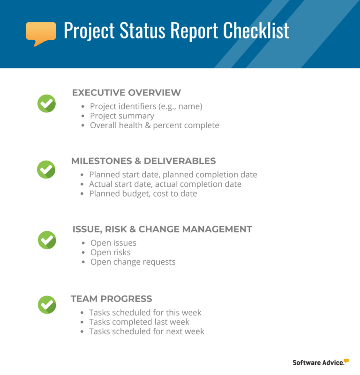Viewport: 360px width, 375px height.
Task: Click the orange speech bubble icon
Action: (41, 32)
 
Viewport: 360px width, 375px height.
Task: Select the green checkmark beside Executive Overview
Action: (46, 103)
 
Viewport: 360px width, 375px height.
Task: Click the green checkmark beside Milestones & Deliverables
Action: (46, 169)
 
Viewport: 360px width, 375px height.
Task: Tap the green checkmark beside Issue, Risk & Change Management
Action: (47, 240)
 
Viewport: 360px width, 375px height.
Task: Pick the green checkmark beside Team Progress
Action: (47, 304)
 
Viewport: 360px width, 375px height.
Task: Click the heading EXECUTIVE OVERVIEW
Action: (126, 93)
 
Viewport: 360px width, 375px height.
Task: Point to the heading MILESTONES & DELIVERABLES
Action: (143, 161)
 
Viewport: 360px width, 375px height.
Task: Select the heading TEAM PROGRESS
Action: (111, 299)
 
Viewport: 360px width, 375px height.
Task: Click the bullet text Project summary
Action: (122, 116)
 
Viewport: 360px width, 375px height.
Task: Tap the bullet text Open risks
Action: (111, 252)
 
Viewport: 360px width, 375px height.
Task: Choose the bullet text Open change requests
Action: (133, 262)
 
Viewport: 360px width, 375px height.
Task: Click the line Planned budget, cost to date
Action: (143, 193)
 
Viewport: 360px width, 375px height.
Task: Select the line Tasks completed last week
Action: (139, 322)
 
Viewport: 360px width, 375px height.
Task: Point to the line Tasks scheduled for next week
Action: (147, 331)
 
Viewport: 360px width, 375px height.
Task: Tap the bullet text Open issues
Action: (113, 243)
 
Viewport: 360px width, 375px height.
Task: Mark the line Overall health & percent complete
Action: (154, 125)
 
